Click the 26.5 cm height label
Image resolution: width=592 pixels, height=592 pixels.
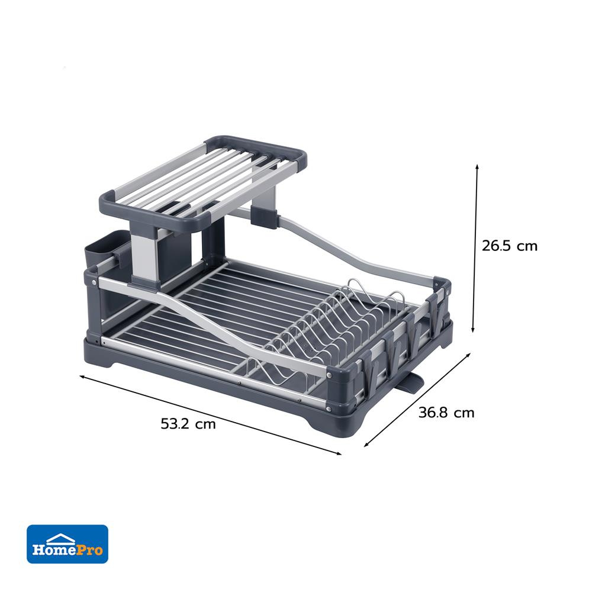pos(509,246)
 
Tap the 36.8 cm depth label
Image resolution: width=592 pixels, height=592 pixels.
pos(446,413)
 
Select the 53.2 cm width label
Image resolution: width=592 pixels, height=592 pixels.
pos(188,424)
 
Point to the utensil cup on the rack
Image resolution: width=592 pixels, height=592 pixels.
pos(99,252)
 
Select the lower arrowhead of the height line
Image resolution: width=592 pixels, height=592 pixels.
pos(472,330)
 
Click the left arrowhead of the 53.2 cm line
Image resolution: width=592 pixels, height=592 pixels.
pos(82,377)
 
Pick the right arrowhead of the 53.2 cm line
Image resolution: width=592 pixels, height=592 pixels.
pos(338,453)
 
